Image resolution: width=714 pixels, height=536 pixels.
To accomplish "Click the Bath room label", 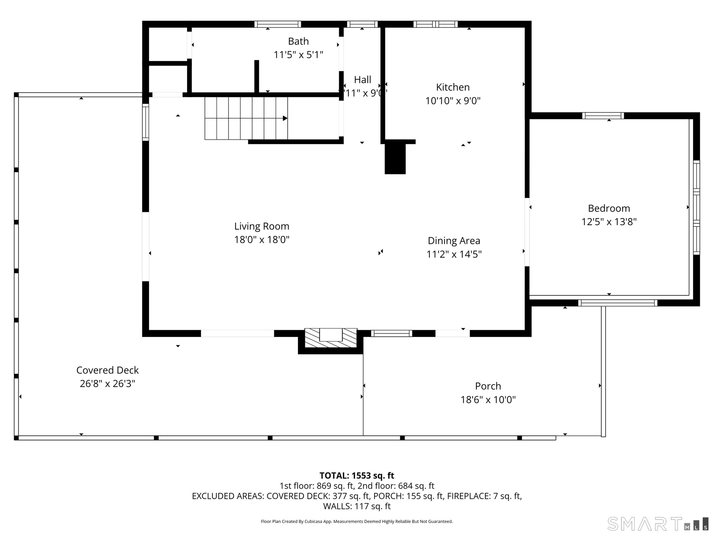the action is click(x=298, y=41).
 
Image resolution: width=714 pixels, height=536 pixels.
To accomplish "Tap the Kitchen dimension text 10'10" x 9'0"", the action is click(x=453, y=101).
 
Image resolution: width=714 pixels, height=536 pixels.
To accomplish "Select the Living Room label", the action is click(x=262, y=226).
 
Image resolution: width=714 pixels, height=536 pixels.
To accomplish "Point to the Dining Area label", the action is click(x=454, y=241).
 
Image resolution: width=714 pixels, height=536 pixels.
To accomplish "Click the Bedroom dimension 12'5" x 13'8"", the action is click(x=609, y=222).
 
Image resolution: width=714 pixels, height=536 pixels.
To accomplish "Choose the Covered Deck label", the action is click(x=107, y=370).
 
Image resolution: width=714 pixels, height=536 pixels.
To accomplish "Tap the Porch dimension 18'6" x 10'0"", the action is click(x=488, y=400).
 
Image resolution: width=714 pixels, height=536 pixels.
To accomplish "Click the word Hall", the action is click(x=363, y=80).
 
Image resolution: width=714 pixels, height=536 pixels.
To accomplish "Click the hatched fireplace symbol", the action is click(x=331, y=338).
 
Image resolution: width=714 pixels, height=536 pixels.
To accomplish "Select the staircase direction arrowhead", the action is click(x=285, y=118).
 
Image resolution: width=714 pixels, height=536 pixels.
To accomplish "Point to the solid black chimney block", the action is click(x=395, y=159).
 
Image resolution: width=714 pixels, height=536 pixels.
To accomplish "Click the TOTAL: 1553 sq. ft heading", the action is click(x=357, y=476).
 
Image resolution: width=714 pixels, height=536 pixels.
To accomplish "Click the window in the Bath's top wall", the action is click(x=278, y=24).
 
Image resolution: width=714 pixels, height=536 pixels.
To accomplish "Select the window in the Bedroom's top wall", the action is click(x=603, y=115).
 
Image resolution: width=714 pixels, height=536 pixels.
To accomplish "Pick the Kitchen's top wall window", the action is click(x=435, y=24).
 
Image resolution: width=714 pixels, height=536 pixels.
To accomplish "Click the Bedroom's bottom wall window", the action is click(x=618, y=303).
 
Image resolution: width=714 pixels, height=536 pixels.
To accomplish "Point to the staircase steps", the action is click(x=246, y=118).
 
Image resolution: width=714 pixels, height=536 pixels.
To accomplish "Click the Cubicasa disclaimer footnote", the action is click(x=357, y=521).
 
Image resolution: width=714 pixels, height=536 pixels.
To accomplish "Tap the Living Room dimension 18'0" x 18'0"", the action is click(x=262, y=240).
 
